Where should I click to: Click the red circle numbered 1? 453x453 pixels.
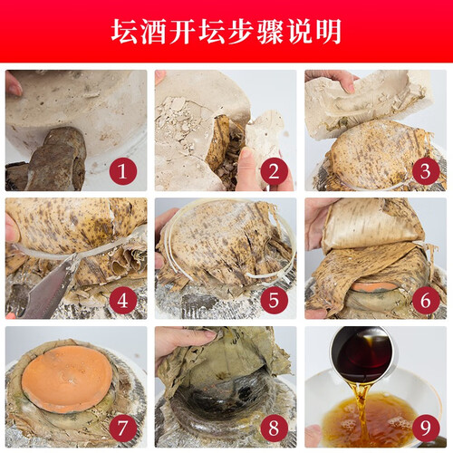point(123,171)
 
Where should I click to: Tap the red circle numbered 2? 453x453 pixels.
point(274,171)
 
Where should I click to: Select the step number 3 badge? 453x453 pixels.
point(426,171)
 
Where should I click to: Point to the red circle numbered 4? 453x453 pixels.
point(123,300)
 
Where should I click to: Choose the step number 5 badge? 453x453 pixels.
point(274,300)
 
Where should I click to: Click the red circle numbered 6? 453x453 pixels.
point(426,300)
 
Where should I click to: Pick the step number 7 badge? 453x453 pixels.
point(123,428)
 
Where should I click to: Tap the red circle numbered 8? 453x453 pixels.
point(274,428)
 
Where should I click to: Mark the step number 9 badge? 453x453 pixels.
point(426,428)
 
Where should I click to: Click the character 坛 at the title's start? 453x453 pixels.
point(125,32)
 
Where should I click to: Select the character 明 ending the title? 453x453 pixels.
point(328,32)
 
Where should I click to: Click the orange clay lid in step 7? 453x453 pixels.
point(67,379)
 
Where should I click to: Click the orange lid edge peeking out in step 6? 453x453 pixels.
point(374,286)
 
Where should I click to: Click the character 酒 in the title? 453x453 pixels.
point(154,32)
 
